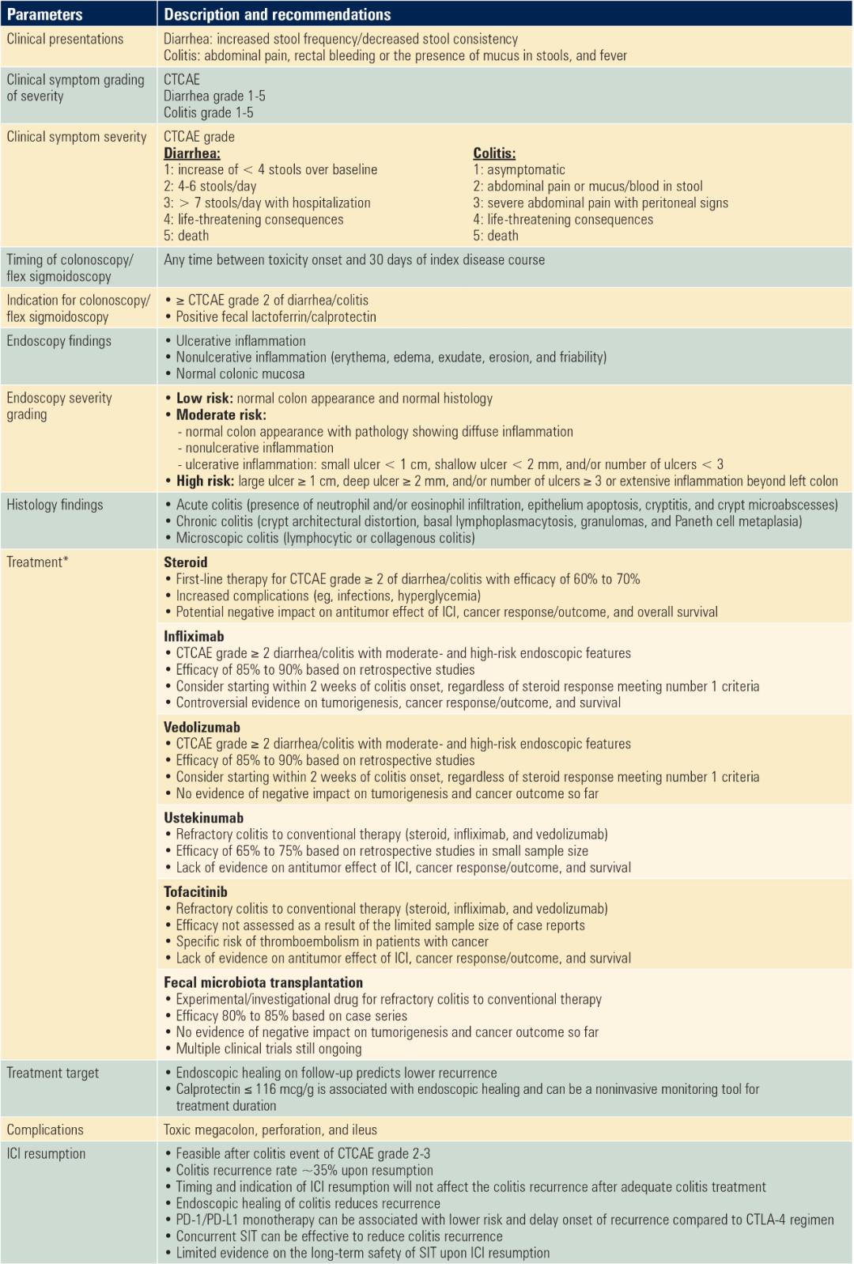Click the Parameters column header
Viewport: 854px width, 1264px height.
(44, 14)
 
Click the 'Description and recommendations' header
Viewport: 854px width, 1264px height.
(277, 14)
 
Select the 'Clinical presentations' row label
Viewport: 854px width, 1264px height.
(65, 39)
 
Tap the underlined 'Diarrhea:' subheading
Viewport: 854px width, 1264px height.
(191, 153)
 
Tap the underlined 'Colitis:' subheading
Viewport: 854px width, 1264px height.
(494, 153)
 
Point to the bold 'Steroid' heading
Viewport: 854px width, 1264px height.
(185, 562)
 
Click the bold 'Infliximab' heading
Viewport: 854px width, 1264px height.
(194, 636)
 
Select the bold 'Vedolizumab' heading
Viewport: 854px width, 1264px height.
(202, 727)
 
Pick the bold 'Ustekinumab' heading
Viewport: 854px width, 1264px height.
(203, 818)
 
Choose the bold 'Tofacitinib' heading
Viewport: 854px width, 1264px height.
(195, 891)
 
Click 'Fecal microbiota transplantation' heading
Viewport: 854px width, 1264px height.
(263, 982)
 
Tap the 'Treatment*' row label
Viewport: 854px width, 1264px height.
(37, 562)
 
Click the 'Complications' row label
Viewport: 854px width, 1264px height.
(45, 1130)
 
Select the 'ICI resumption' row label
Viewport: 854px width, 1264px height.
(46, 1153)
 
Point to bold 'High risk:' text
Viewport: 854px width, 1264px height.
(205, 481)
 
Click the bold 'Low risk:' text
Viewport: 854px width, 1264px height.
(204, 398)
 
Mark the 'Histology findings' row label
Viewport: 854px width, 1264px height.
(55, 505)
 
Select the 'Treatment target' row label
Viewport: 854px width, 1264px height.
(53, 1073)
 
